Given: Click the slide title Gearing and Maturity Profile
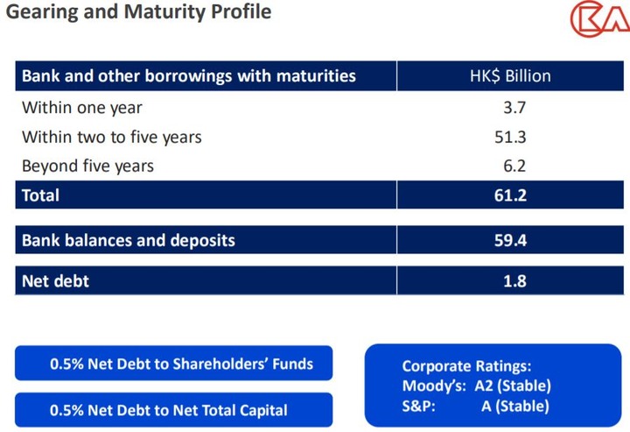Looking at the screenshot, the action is (138, 12).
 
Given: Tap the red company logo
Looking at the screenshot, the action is (600, 18).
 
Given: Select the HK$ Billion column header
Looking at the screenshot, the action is (510, 75).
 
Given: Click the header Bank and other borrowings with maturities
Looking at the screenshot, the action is (189, 75).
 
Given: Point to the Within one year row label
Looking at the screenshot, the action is (82, 108).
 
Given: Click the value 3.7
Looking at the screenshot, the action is (514, 108).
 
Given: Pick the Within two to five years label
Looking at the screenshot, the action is (112, 138).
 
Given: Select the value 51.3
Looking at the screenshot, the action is (510, 138).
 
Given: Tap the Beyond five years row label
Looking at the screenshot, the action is (87, 166).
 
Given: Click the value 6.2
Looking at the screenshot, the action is (514, 166).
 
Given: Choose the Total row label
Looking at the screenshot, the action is (40, 195).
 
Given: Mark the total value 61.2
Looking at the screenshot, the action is (510, 195).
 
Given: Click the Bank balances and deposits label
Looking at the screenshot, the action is (128, 240).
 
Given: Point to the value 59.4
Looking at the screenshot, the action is (510, 240).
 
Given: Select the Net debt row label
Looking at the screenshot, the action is (55, 280).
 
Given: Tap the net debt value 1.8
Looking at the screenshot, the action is (514, 280).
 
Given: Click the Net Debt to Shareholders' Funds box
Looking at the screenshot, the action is (173, 364).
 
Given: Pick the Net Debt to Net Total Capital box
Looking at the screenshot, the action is (173, 410).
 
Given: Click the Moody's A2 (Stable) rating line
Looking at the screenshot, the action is (477, 386).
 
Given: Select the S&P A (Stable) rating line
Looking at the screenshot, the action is (476, 406).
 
